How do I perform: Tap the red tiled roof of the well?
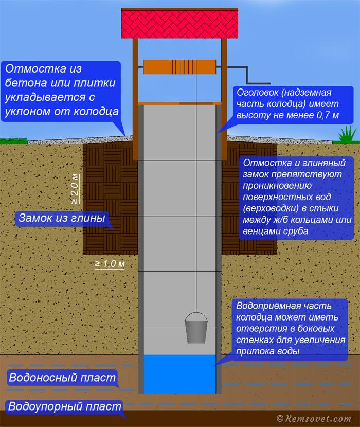(x=179, y=24)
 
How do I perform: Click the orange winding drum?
(x=179, y=67)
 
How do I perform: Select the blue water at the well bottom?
(x=179, y=374)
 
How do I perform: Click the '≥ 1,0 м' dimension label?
(x=110, y=264)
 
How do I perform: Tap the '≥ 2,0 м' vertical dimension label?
(x=76, y=189)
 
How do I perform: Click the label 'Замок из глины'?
(x=62, y=218)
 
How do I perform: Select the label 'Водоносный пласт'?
(x=62, y=378)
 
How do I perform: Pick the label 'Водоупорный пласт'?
(x=65, y=406)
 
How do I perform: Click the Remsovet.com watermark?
(x=314, y=419)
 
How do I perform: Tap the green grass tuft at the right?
(x=348, y=134)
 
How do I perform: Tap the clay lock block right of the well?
(x=249, y=199)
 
